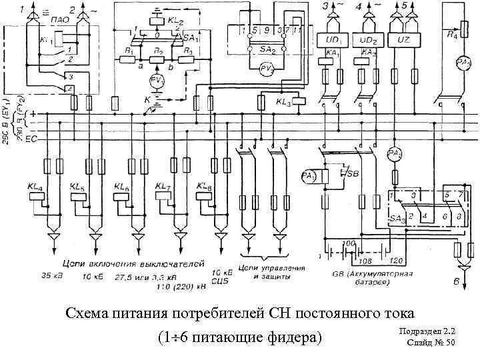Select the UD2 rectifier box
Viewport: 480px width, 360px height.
click(368, 40)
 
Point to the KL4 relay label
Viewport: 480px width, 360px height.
click(35, 187)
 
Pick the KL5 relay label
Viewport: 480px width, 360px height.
click(79, 187)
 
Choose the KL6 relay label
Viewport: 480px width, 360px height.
click(122, 187)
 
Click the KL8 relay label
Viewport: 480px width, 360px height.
click(205, 187)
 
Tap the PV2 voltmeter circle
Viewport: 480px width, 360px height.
click(267, 68)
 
